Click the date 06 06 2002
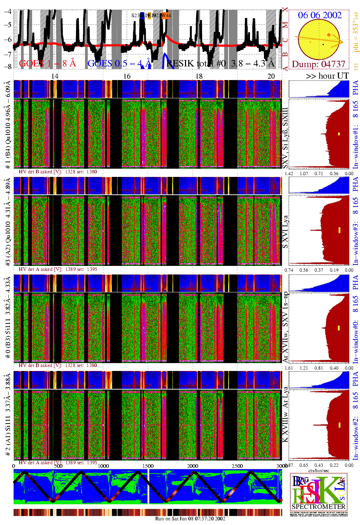[x=320, y=15]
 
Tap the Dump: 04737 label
[x=319, y=64]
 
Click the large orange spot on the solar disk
[x=329, y=35]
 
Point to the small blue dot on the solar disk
[x=323, y=44]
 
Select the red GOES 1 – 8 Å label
[x=47, y=64]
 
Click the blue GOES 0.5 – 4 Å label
[x=119, y=64]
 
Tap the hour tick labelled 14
[x=55, y=76]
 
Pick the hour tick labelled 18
[x=199, y=76]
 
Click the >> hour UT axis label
[x=327, y=76]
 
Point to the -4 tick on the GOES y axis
[x=7, y=11]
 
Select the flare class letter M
[x=285, y=25]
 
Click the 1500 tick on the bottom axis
[x=148, y=466]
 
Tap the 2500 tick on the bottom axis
[x=237, y=466]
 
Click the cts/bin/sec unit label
[x=319, y=470]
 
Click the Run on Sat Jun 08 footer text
[x=190, y=519]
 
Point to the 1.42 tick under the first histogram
[x=289, y=174]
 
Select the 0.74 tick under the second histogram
[x=289, y=270]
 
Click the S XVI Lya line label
[x=285, y=232]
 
